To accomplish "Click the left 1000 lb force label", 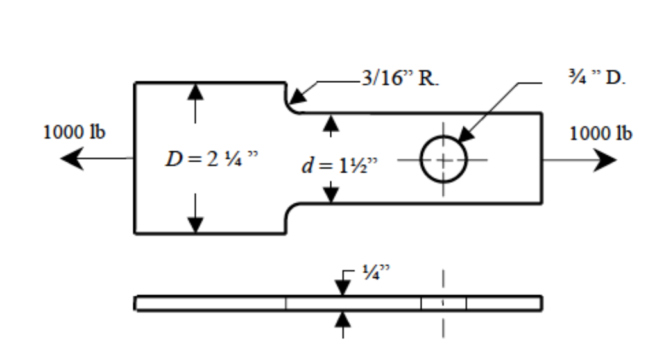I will pyautogui.click(x=74, y=133).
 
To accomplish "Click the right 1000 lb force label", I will pyautogui.click(x=601, y=133).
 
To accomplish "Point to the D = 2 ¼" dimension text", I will pyautogui.click(x=211, y=160).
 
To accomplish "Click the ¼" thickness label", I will pyautogui.click(x=371, y=272).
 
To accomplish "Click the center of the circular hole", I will pyautogui.click(x=443, y=159).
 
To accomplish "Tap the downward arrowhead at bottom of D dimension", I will pyautogui.click(x=195, y=225).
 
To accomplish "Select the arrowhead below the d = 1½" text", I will pyautogui.click(x=330, y=194).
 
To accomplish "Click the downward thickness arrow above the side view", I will pyautogui.click(x=343, y=287).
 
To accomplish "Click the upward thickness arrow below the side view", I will pyautogui.click(x=343, y=319).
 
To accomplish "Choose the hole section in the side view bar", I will pyautogui.click(x=443, y=303).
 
